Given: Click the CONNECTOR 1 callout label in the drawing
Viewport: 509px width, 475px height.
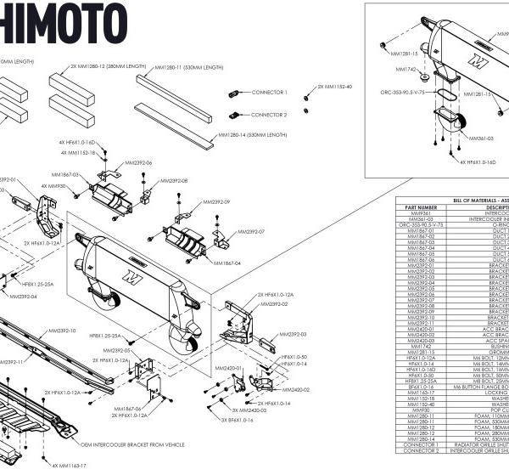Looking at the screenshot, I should click(x=270, y=92).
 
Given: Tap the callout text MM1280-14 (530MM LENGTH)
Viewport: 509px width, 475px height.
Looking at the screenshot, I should click(x=254, y=133).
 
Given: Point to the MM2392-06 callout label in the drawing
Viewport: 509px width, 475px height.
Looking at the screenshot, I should click(x=137, y=162).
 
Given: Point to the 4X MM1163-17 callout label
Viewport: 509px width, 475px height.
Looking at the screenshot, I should click(x=68, y=465).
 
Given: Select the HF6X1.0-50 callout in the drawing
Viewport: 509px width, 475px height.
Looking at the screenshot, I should click(x=294, y=357).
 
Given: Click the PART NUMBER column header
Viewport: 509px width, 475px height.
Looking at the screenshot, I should click(x=421, y=206).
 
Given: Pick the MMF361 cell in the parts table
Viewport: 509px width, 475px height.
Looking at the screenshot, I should click(x=421, y=213).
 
